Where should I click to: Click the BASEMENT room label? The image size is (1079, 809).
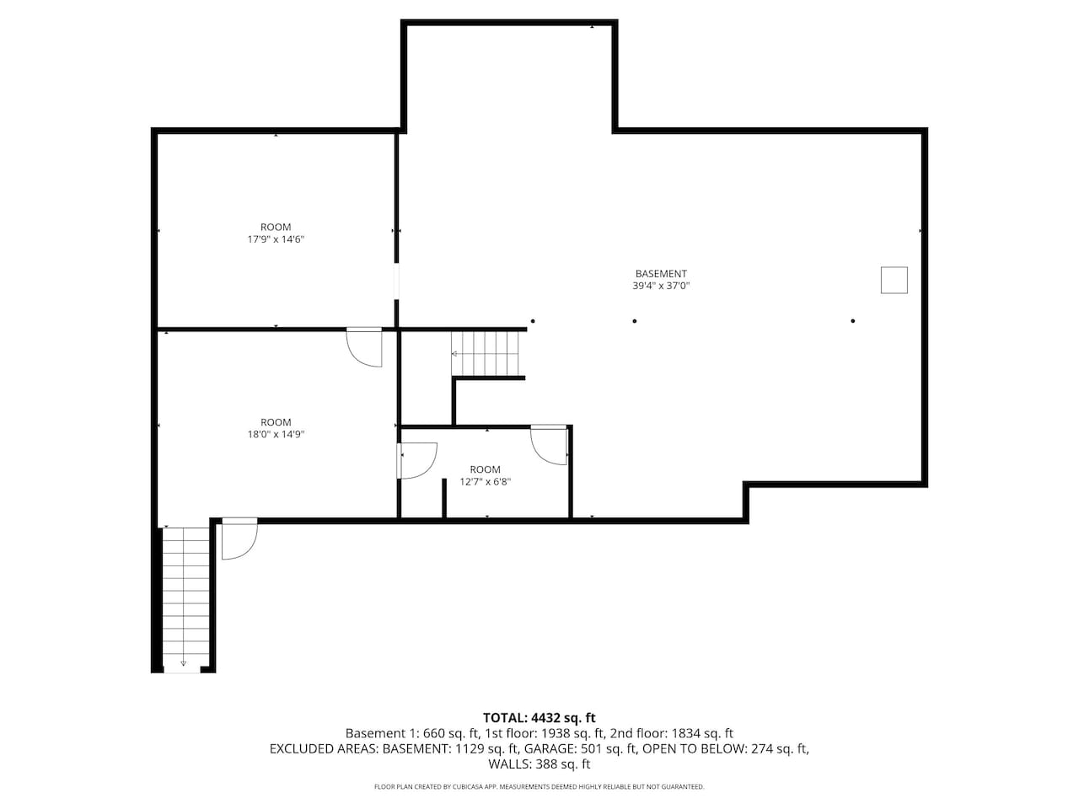point(661,274)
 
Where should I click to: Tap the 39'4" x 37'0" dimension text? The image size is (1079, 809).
point(661,286)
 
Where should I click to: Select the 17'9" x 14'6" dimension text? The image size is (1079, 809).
point(276,239)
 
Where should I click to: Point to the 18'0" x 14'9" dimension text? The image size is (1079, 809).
point(276,434)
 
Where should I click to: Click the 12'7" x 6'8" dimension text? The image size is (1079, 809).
point(486,482)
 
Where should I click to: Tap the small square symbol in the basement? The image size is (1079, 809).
point(894,280)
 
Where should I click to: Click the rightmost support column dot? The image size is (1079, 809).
point(853,321)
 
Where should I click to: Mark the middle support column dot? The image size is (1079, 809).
point(635,321)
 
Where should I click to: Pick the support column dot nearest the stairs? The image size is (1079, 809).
point(533,321)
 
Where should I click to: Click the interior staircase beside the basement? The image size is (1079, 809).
point(486,353)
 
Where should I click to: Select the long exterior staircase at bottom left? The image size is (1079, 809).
point(185,599)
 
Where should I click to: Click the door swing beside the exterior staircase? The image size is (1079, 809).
point(239,538)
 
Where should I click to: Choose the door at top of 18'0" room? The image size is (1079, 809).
point(364,347)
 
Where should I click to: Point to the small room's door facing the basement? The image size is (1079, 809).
point(549,445)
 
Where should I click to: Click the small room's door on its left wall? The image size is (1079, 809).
point(417,460)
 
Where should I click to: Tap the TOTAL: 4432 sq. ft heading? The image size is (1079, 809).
point(539,718)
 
